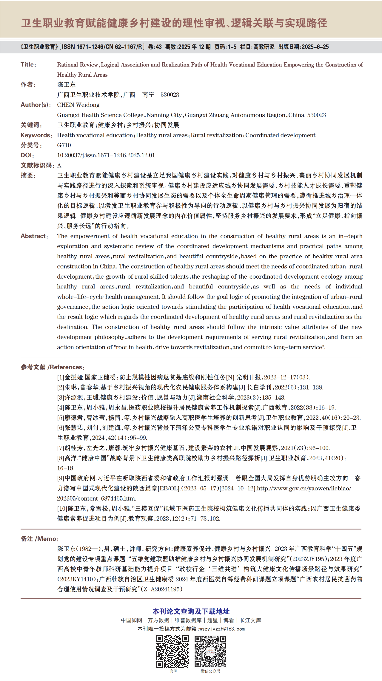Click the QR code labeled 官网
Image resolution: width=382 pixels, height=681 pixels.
[x=173, y=651]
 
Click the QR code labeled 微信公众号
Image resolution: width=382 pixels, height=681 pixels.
[x=210, y=651]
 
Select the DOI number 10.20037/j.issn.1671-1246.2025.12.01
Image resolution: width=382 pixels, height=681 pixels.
[x=106, y=155]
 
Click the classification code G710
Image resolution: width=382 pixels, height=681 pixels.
[x=64, y=145]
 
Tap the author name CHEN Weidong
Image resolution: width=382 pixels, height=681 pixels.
[x=78, y=105]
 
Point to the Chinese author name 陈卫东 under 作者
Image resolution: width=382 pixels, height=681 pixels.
[x=66, y=84]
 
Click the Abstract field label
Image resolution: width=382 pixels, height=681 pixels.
[x=34, y=236]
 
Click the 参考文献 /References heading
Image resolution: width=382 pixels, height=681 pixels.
[x=52, y=367]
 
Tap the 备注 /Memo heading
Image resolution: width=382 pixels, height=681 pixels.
[x=39, y=538]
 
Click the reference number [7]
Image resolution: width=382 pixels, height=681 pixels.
[x=61, y=448]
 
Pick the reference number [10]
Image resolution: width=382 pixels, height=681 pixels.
[x=62, y=508]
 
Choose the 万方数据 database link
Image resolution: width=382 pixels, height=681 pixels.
[x=158, y=620]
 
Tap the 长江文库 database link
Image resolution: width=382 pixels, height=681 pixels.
[x=250, y=620]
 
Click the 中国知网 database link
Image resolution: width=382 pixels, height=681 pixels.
[x=131, y=620]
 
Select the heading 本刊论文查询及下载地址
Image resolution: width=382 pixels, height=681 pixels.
[x=191, y=611]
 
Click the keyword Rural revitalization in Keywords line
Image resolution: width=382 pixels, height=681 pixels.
[x=216, y=135]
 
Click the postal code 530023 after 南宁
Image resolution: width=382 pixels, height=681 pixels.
[x=170, y=95]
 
